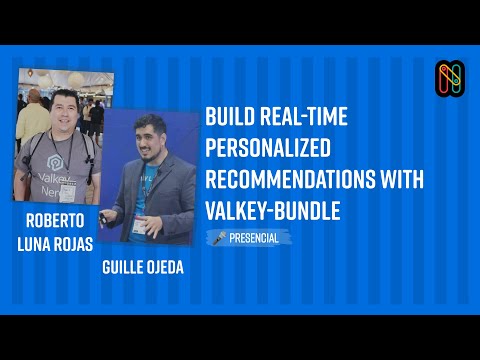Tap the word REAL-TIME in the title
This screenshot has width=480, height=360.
click(303, 117)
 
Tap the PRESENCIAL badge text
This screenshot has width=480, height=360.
click(254, 238)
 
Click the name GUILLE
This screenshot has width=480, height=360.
click(130, 269)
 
